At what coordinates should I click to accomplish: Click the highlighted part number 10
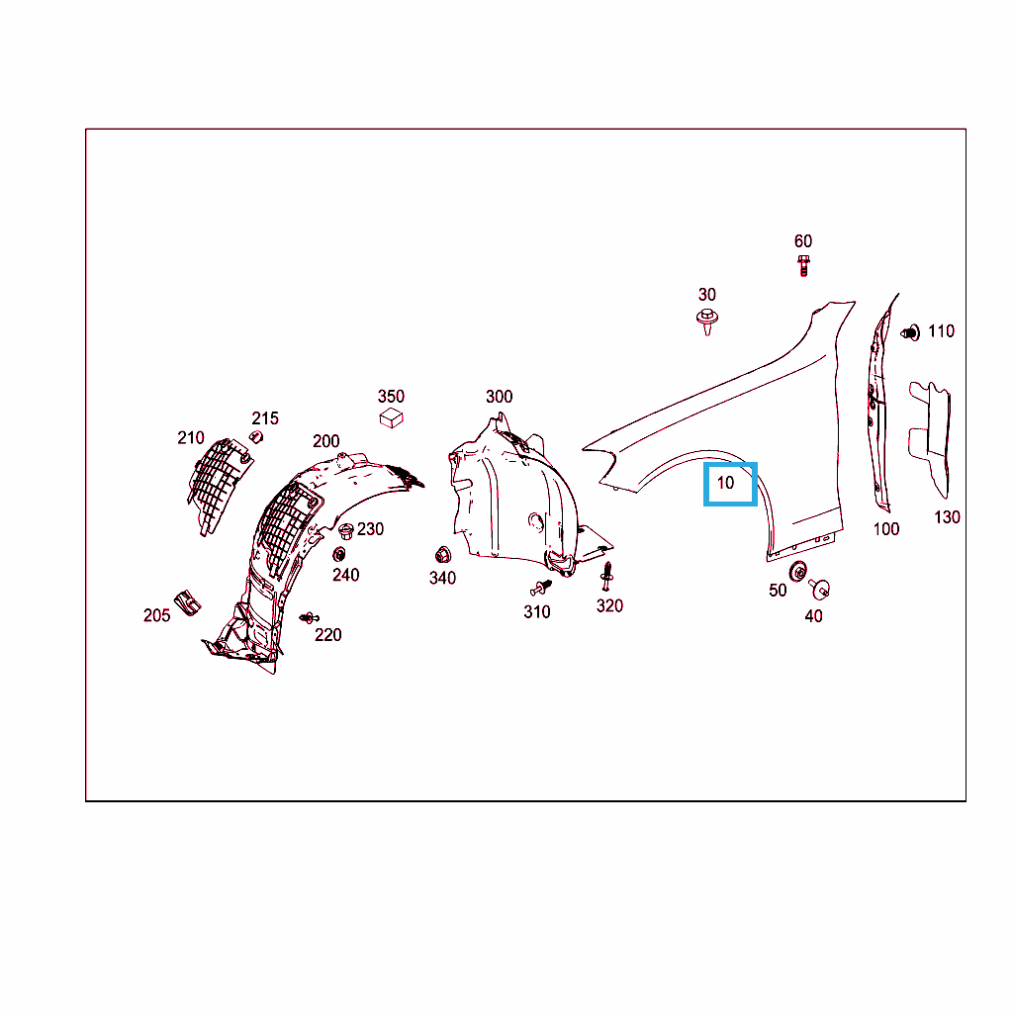pos(725,483)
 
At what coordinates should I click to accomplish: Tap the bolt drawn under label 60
pos(803,265)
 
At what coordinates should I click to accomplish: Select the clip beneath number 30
pos(708,322)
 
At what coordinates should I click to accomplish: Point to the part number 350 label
pos(391,396)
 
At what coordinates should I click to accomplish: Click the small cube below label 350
pos(392,418)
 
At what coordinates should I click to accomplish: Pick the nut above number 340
pos(443,555)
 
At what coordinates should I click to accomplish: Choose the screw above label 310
pos(541,588)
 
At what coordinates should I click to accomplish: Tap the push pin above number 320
pos(606,577)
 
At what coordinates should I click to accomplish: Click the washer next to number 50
pos(798,572)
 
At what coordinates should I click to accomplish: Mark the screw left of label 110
pos(910,332)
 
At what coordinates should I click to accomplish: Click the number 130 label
pos(947,516)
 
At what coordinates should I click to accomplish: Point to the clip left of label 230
pos(346,531)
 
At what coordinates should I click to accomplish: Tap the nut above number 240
pos(339,554)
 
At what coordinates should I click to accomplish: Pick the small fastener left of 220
pos(309,618)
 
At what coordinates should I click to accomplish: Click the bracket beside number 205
pos(188,602)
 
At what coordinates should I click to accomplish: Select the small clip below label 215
pos(256,436)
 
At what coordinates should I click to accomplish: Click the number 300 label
pos(500,397)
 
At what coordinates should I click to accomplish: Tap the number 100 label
pos(886,529)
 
